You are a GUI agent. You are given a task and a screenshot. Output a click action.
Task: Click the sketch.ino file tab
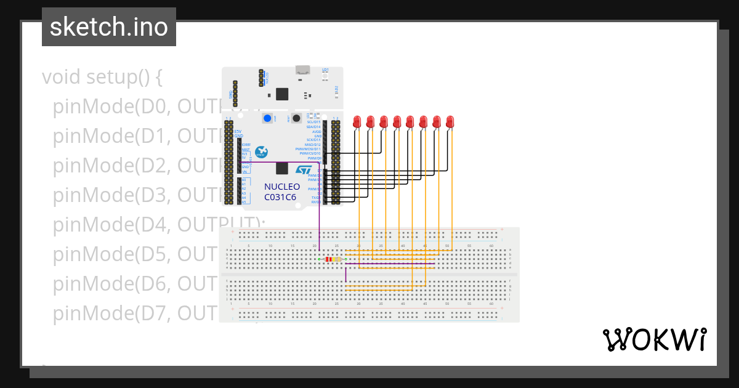pos(109,27)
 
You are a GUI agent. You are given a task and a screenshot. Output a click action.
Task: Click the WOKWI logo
pos(654,339)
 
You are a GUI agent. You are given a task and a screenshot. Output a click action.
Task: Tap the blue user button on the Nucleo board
pos(267,118)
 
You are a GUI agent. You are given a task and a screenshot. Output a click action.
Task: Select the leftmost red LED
pos(357,122)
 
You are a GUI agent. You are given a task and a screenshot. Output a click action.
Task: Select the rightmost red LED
pos(450,122)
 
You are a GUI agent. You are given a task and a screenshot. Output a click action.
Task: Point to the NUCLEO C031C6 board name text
pos(281,192)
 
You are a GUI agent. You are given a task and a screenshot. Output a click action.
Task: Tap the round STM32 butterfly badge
pos(261,152)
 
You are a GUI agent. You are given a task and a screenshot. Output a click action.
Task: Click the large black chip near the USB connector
pos(282,94)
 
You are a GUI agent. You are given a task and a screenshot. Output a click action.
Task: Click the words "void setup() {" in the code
pos(102,78)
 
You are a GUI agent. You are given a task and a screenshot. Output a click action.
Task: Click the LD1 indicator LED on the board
pos(325,75)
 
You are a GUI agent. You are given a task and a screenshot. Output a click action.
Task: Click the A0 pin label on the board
pos(244,179)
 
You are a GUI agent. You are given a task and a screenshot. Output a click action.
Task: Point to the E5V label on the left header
pos(238,131)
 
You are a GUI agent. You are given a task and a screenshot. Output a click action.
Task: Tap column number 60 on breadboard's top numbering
pos(491,246)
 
